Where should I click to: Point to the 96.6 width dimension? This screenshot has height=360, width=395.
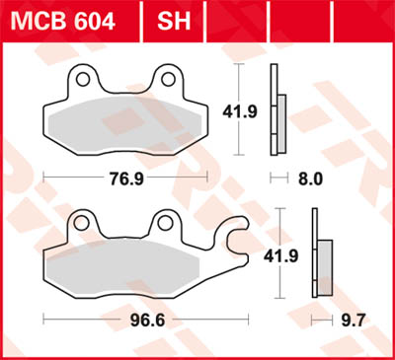145,320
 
